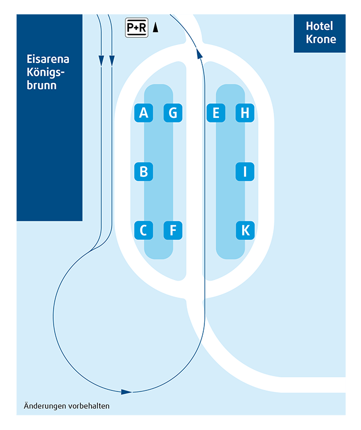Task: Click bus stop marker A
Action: coord(144,113)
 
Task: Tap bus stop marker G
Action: coord(173,113)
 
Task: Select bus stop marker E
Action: coord(216,113)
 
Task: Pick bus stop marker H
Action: coord(245,113)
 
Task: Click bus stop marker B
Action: coord(144,172)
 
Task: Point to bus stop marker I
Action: coord(245,172)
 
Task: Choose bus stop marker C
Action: coord(144,230)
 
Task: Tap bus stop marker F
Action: coord(173,230)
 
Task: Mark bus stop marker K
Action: coord(245,230)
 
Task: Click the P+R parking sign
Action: coord(137,28)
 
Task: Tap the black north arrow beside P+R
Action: coord(156,28)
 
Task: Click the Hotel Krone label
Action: coord(321,33)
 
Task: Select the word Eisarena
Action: coord(48,59)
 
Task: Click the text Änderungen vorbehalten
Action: coord(67,406)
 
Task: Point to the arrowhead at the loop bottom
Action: coord(126,392)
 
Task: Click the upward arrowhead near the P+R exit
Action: coord(199,53)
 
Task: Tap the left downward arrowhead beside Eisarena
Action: coord(101,61)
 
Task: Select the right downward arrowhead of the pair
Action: coord(112,61)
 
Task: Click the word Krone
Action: coord(321,39)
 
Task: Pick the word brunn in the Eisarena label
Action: coord(42,85)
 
